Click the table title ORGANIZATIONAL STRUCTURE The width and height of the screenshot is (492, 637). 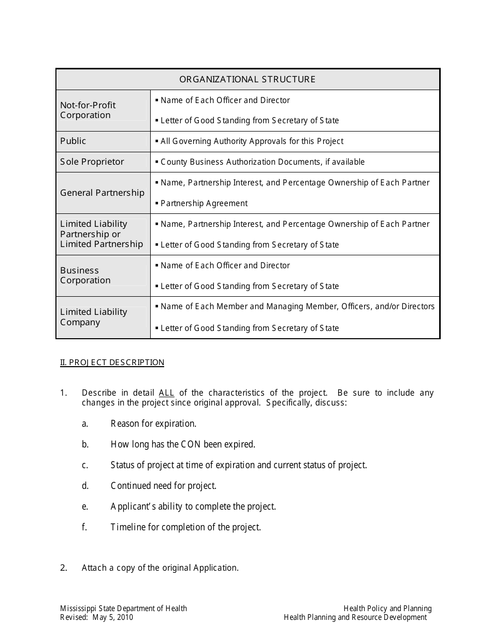click(x=247, y=79)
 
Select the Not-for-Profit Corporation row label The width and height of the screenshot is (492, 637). click(x=88, y=110)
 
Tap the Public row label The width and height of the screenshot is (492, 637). click(x=73, y=141)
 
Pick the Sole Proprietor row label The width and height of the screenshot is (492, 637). click(x=92, y=162)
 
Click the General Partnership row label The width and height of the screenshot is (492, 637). click(x=102, y=193)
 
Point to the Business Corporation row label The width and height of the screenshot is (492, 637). click(x=85, y=276)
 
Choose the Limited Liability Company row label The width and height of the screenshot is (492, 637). click(x=93, y=317)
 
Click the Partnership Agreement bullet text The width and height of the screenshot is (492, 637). click(x=204, y=204)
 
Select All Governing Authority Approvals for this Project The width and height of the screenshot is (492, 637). click(x=252, y=141)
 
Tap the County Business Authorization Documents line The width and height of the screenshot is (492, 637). click(x=263, y=162)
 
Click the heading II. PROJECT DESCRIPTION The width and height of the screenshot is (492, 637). click(x=112, y=363)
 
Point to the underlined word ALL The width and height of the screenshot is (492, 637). click(x=166, y=393)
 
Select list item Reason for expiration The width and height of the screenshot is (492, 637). click(x=153, y=424)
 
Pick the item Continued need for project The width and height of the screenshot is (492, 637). click(x=163, y=486)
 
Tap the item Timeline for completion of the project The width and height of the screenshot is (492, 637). click(x=185, y=527)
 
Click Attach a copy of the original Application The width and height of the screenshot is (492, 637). click(x=160, y=568)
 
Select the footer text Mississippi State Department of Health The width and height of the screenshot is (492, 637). click(x=123, y=609)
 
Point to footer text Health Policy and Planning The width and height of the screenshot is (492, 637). click(x=387, y=609)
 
